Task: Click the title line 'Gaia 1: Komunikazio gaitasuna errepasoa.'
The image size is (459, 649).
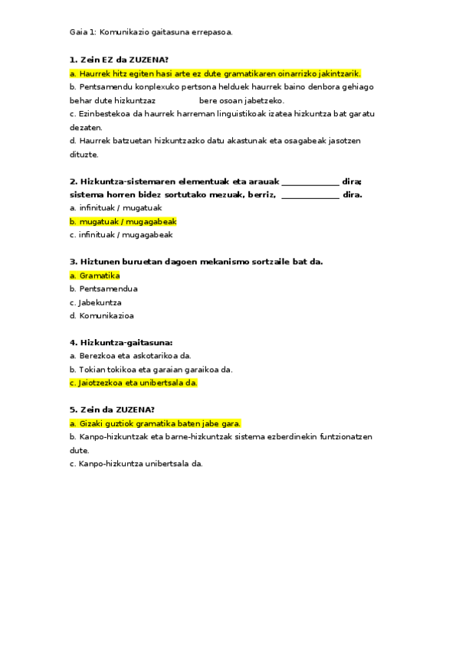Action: pos(151,32)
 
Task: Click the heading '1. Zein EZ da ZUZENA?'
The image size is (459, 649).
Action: pos(119,60)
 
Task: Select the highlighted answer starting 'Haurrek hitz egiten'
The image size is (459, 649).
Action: pos(215,73)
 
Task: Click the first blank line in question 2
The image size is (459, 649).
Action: pos(310,181)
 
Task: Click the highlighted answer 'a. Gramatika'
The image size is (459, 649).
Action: pos(94,276)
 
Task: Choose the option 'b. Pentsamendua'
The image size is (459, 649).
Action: pos(103,289)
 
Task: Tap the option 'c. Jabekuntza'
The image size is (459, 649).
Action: pos(95,302)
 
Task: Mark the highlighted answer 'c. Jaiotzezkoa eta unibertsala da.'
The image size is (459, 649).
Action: pos(133,383)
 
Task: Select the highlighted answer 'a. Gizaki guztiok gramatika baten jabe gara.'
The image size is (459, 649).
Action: pos(155,423)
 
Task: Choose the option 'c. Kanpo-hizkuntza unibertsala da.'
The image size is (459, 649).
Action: pos(136,464)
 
